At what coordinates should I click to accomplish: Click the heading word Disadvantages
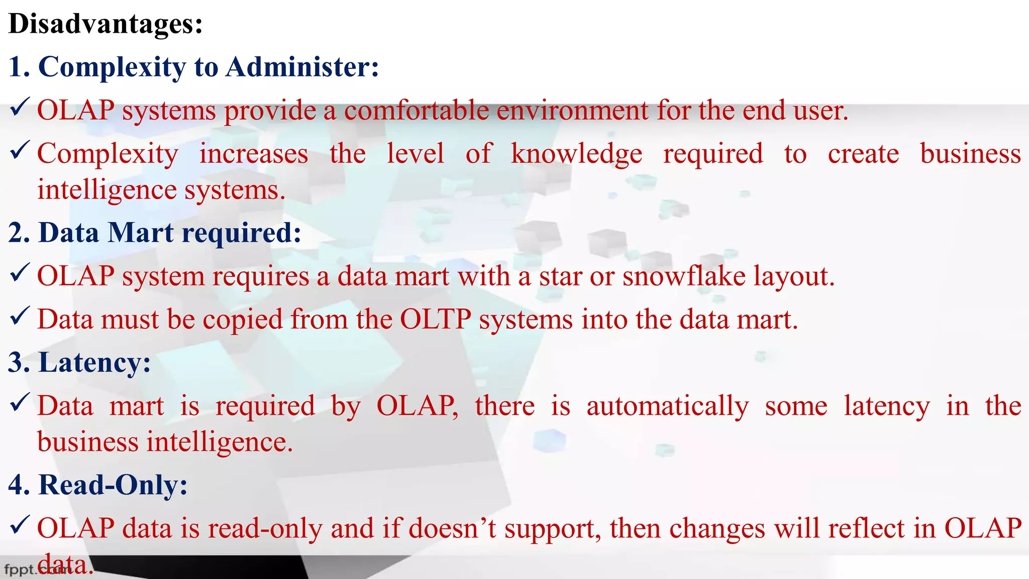click(x=106, y=24)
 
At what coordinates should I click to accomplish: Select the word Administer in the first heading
click(x=301, y=67)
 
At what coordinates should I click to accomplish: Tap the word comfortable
click(x=416, y=110)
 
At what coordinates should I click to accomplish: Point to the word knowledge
click(x=576, y=154)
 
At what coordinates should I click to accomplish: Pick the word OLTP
click(x=436, y=319)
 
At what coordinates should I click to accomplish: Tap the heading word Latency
click(x=94, y=362)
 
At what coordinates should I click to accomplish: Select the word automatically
click(x=667, y=406)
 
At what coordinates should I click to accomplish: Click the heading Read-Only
click(x=113, y=485)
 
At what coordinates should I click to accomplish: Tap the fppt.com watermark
click(x=35, y=570)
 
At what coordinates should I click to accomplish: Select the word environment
click(x=572, y=110)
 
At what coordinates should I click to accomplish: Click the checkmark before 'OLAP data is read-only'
click(x=20, y=525)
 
